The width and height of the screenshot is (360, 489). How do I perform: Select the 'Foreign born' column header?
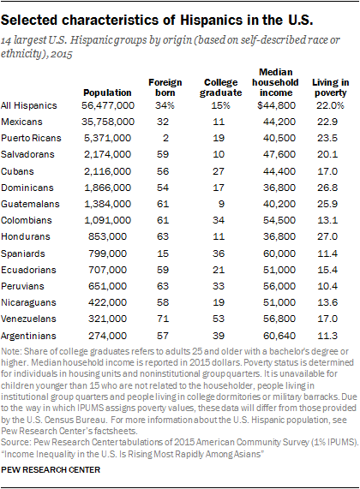tap(165, 86)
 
